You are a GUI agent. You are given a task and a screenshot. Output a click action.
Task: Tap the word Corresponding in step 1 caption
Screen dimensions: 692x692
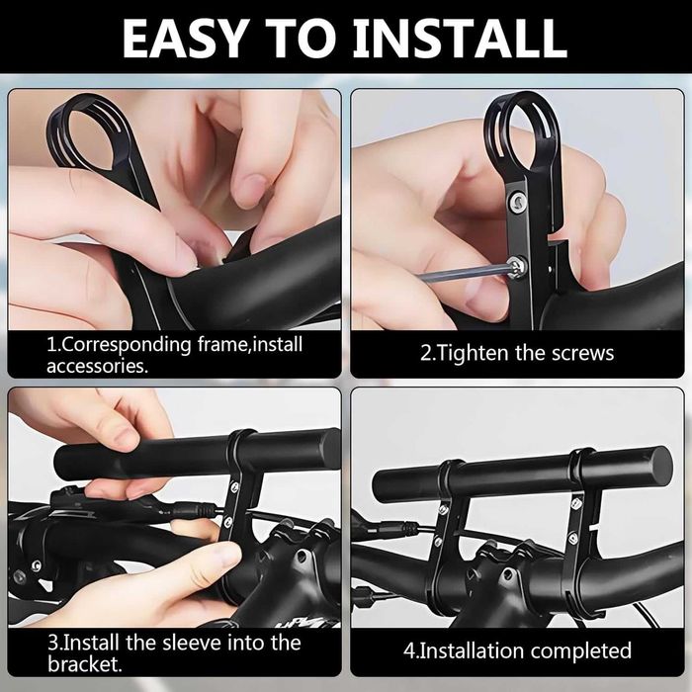(124, 345)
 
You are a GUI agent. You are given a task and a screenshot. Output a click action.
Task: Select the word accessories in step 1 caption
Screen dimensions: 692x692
(94, 365)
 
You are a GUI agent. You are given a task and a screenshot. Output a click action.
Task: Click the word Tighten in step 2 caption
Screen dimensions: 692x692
(473, 353)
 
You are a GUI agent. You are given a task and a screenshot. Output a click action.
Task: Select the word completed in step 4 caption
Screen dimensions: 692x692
(577, 650)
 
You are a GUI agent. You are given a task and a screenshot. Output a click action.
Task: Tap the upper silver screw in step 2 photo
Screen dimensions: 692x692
(515, 201)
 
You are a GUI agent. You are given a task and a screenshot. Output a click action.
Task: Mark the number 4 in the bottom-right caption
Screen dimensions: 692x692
(408, 650)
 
